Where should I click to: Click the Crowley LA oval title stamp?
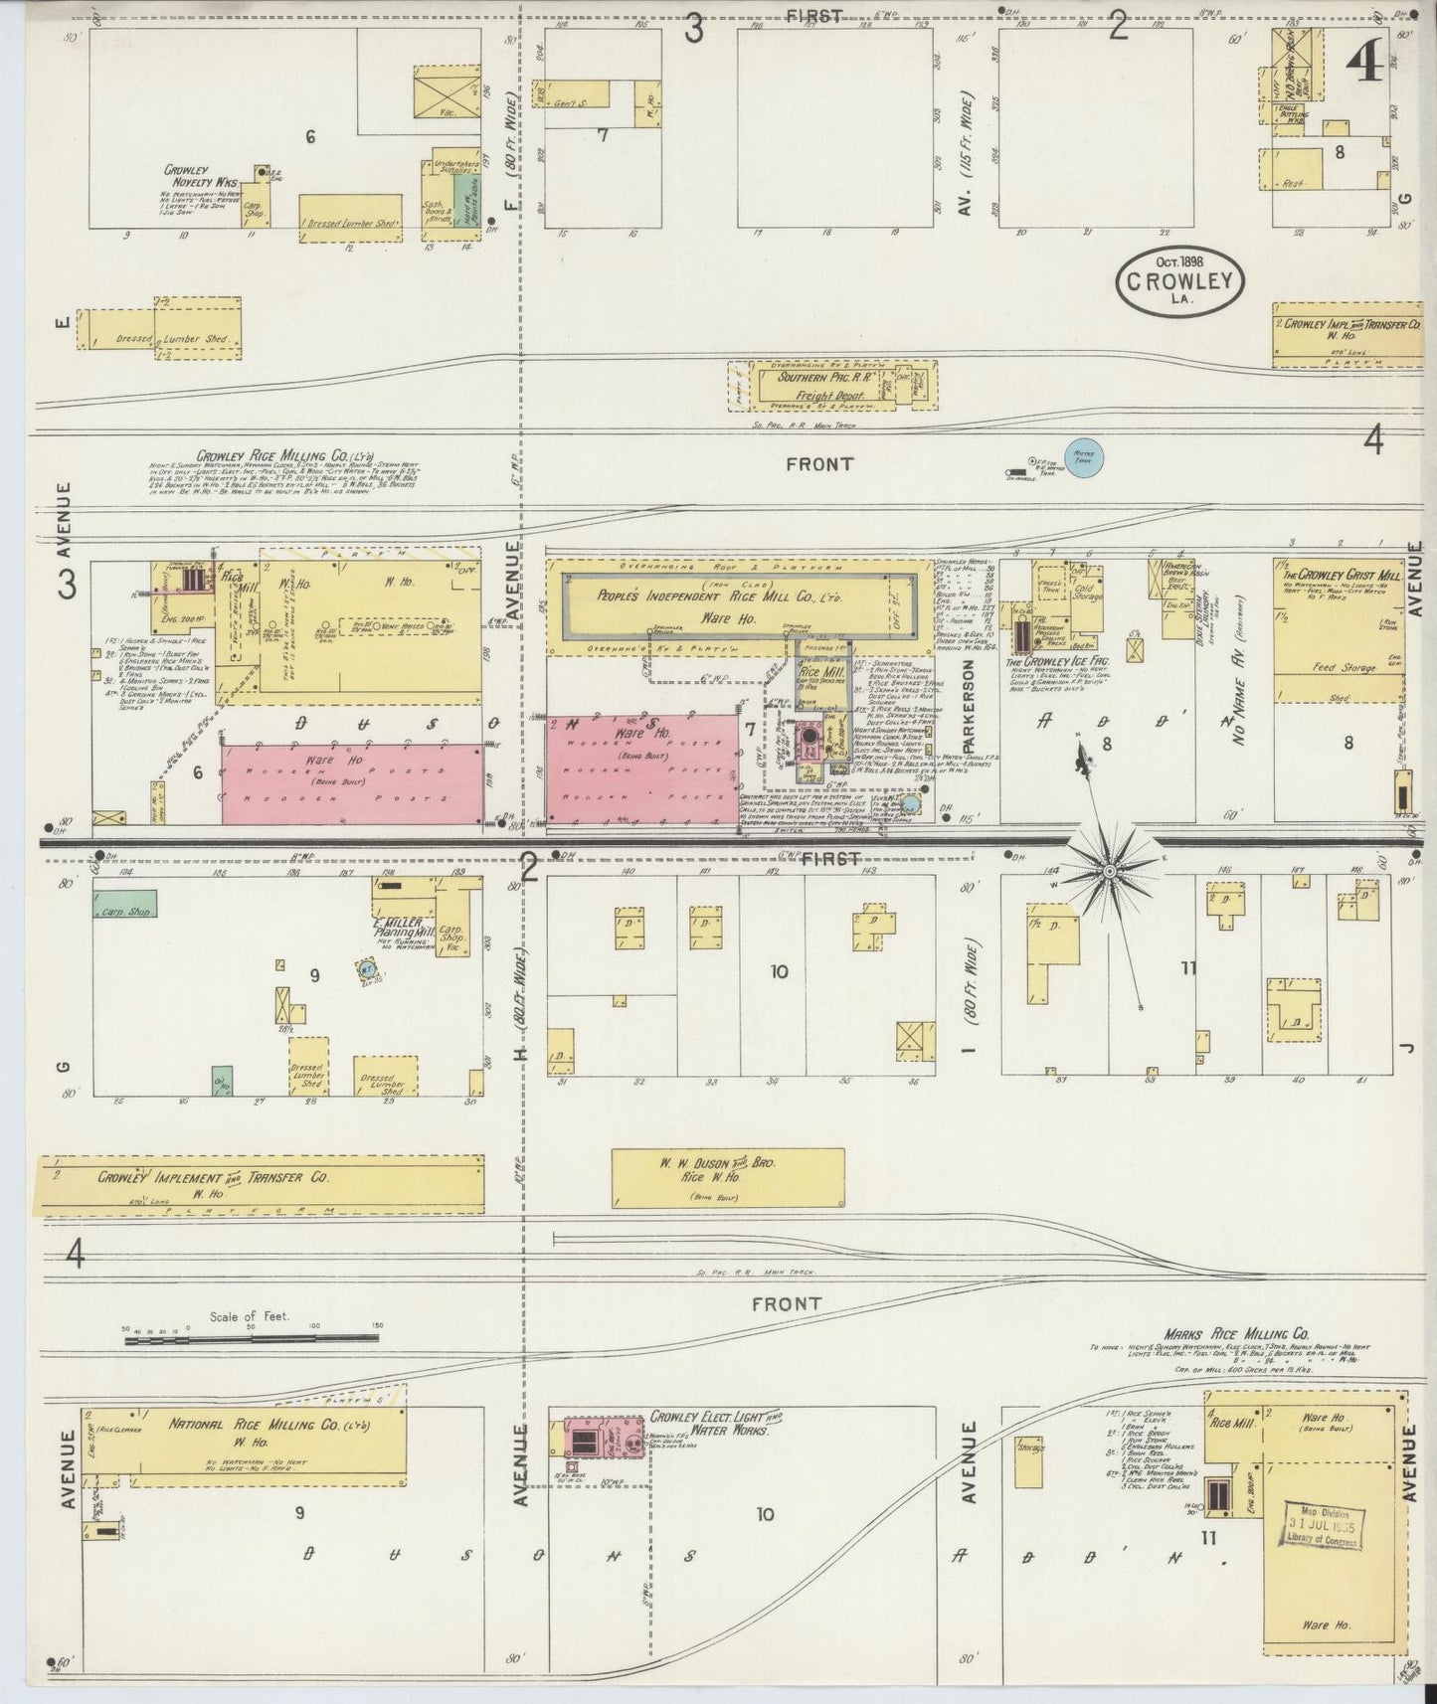point(1179,280)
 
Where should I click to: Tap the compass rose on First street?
point(1109,872)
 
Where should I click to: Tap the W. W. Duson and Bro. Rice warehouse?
point(728,1177)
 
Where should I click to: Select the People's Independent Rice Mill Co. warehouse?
point(741,603)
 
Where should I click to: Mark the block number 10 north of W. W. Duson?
point(779,971)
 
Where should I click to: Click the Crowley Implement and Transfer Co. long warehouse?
point(261,1183)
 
